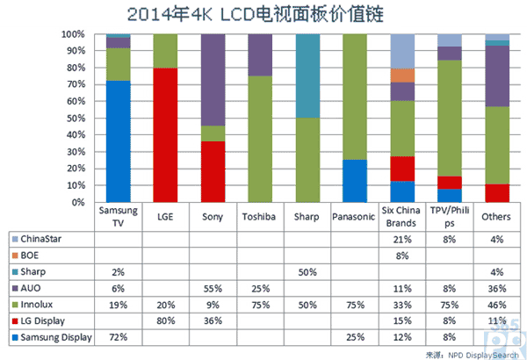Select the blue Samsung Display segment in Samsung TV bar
pos(118,140)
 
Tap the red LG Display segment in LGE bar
pos(165,135)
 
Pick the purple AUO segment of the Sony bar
pos(213,80)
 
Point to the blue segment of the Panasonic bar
pos(355,181)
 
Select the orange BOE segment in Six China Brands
pos(402,76)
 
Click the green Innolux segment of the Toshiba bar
pos(260,139)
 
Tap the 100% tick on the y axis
pos(73,35)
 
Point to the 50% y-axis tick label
pos(74,119)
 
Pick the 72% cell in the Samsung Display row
pos(118,335)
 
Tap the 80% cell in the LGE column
pos(165,320)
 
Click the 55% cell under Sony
pos(213,287)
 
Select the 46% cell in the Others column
pos(497,303)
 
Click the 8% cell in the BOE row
pos(402,255)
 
